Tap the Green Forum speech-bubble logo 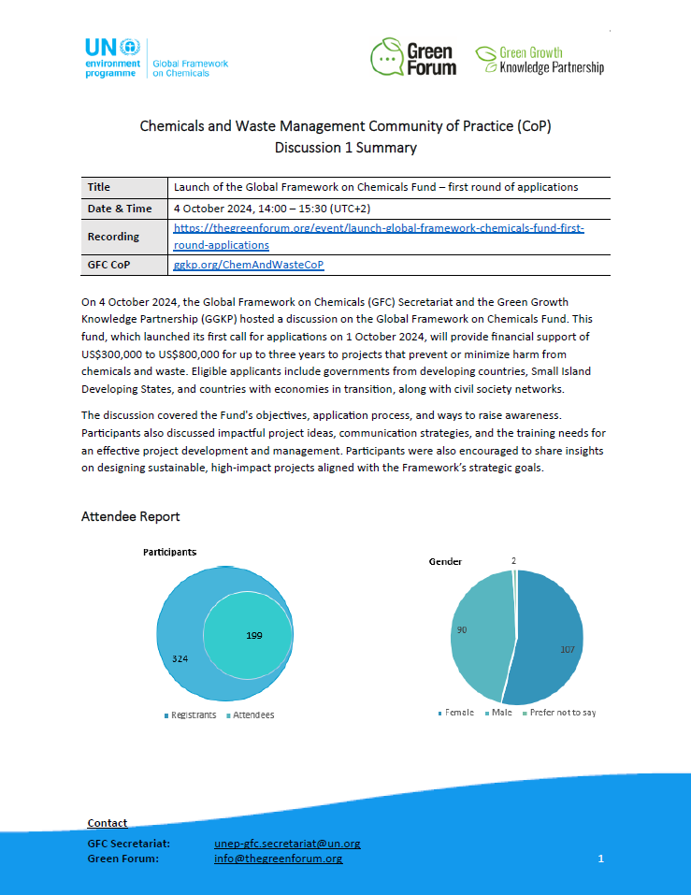point(412,57)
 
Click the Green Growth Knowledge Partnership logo point(539,59)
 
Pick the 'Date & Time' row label point(120,208)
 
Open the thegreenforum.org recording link point(379,237)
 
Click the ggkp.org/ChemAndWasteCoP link point(249,266)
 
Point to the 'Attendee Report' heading point(130,516)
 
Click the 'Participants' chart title point(169,553)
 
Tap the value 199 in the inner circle point(254,636)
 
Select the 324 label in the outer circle point(181,658)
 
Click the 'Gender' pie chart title point(445,561)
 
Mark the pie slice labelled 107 point(552,645)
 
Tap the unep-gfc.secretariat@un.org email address point(287,844)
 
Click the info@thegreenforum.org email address point(278,859)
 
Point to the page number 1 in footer point(601,859)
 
